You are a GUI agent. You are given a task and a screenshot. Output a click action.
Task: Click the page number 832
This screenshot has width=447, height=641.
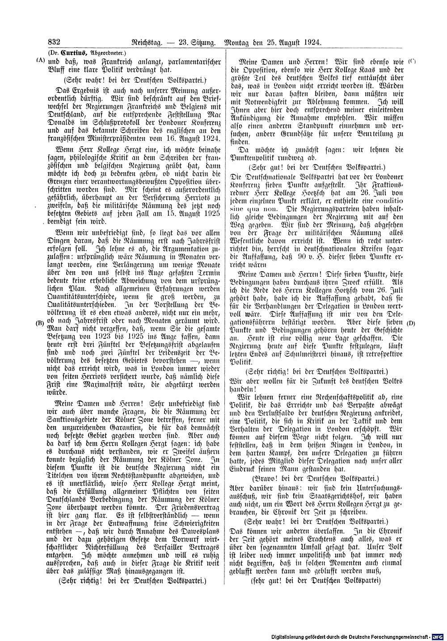[x=54, y=42]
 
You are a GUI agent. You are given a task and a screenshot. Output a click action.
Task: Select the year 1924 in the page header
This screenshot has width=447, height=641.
[x=312, y=43]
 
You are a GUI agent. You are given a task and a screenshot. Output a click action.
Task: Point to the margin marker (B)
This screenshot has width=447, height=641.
[x=40, y=323]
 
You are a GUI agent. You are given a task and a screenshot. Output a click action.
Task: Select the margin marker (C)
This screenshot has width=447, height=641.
[x=412, y=61]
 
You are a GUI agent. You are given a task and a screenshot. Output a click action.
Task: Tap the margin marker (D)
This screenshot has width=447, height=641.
[x=412, y=323]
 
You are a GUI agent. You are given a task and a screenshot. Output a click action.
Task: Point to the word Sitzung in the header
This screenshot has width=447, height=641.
[x=203, y=43]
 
